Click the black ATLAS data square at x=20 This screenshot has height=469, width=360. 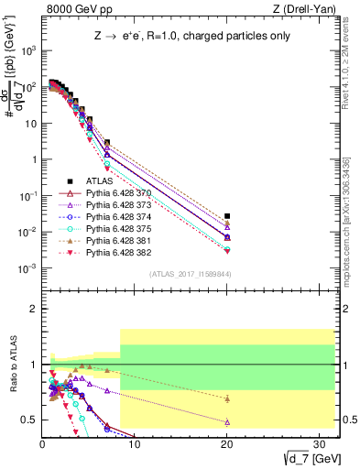point(227,216)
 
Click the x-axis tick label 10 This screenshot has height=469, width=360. point(135,444)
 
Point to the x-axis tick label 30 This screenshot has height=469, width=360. point(318,444)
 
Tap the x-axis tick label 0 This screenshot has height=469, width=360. point(43,444)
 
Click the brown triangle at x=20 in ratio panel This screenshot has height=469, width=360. point(227,398)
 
